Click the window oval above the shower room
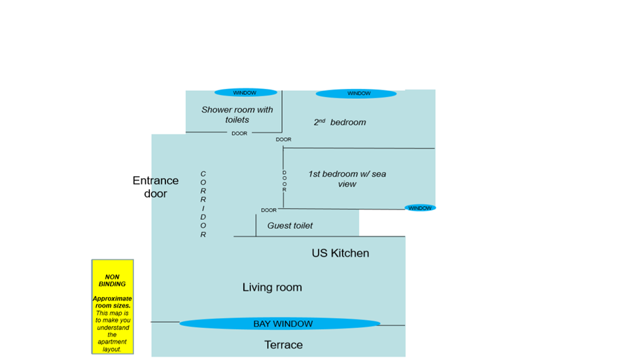point(245,92)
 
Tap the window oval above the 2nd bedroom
point(356,94)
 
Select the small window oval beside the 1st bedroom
point(420,208)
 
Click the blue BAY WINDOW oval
point(280,323)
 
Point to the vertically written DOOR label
point(284,181)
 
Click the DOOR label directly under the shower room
point(239,134)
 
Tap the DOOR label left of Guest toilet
point(269,210)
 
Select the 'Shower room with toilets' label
point(237,115)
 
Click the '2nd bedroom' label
point(340,122)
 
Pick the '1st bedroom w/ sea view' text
point(347,179)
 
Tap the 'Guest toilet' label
point(290,226)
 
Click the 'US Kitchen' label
point(340,253)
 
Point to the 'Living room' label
point(272,287)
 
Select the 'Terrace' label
point(283,345)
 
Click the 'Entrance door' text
point(155,187)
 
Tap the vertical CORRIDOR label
point(203,204)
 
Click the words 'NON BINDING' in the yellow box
point(113,281)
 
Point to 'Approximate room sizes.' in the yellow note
point(113,302)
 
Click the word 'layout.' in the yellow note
point(113,350)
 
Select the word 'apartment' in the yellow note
point(113,342)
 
